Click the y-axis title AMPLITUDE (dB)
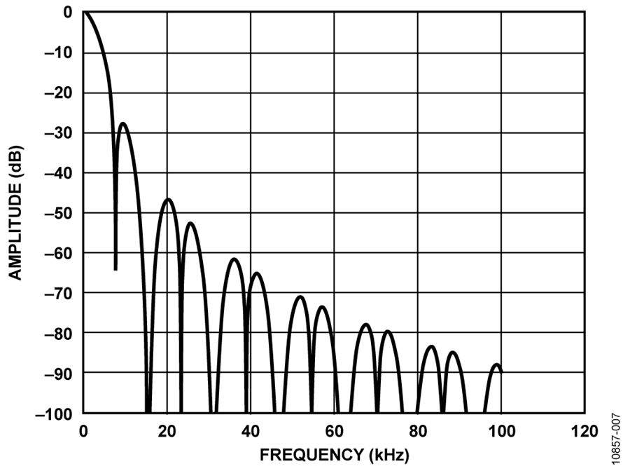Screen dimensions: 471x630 (x=15, y=213)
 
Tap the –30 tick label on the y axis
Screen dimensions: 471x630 (x=59, y=133)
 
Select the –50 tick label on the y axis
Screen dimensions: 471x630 (x=59, y=213)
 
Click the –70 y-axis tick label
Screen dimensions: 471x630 (x=59, y=293)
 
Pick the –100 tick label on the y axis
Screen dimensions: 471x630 (x=55, y=414)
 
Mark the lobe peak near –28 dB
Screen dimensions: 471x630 (x=124, y=124)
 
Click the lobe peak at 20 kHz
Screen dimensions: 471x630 (x=167, y=199)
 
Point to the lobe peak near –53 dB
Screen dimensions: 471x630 (x=190, y=223)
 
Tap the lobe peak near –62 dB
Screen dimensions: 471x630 (x=234, y=259)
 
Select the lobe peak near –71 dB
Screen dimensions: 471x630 (x=300, y=296)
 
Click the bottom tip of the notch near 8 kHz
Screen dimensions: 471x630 (x=115, y=268)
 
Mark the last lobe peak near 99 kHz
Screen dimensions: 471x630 (x=496, y=364)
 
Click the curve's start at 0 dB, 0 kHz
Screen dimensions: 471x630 (x=84, y=12)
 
